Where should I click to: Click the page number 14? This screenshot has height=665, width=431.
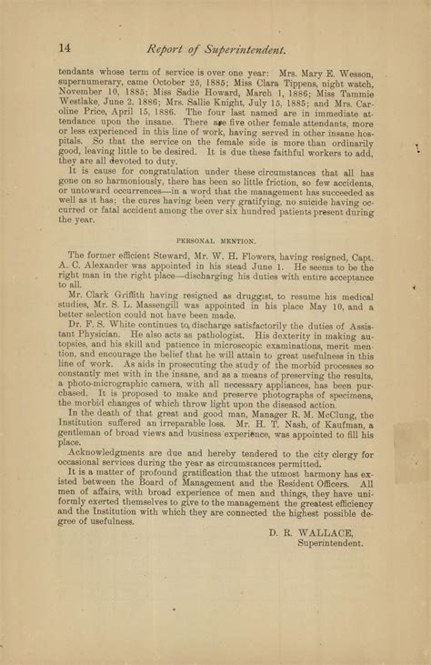[65, 46]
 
